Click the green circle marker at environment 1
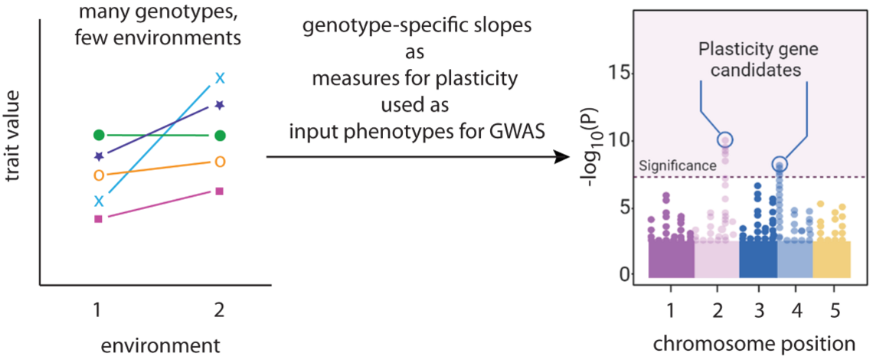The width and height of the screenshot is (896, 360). pos(99,136)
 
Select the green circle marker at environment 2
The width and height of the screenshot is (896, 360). pos(220,136)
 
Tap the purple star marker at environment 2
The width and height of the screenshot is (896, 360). pos(220,104)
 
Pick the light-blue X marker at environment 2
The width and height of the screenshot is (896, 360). pos(220,77)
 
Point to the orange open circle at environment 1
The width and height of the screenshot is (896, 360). pos(99,175)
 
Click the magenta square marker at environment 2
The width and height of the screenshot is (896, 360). pos(220,191)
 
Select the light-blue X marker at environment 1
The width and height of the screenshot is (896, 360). pos(99,201)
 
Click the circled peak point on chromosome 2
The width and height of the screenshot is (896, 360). pos(724,139)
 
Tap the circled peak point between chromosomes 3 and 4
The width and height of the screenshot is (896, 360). pos(780,164)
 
